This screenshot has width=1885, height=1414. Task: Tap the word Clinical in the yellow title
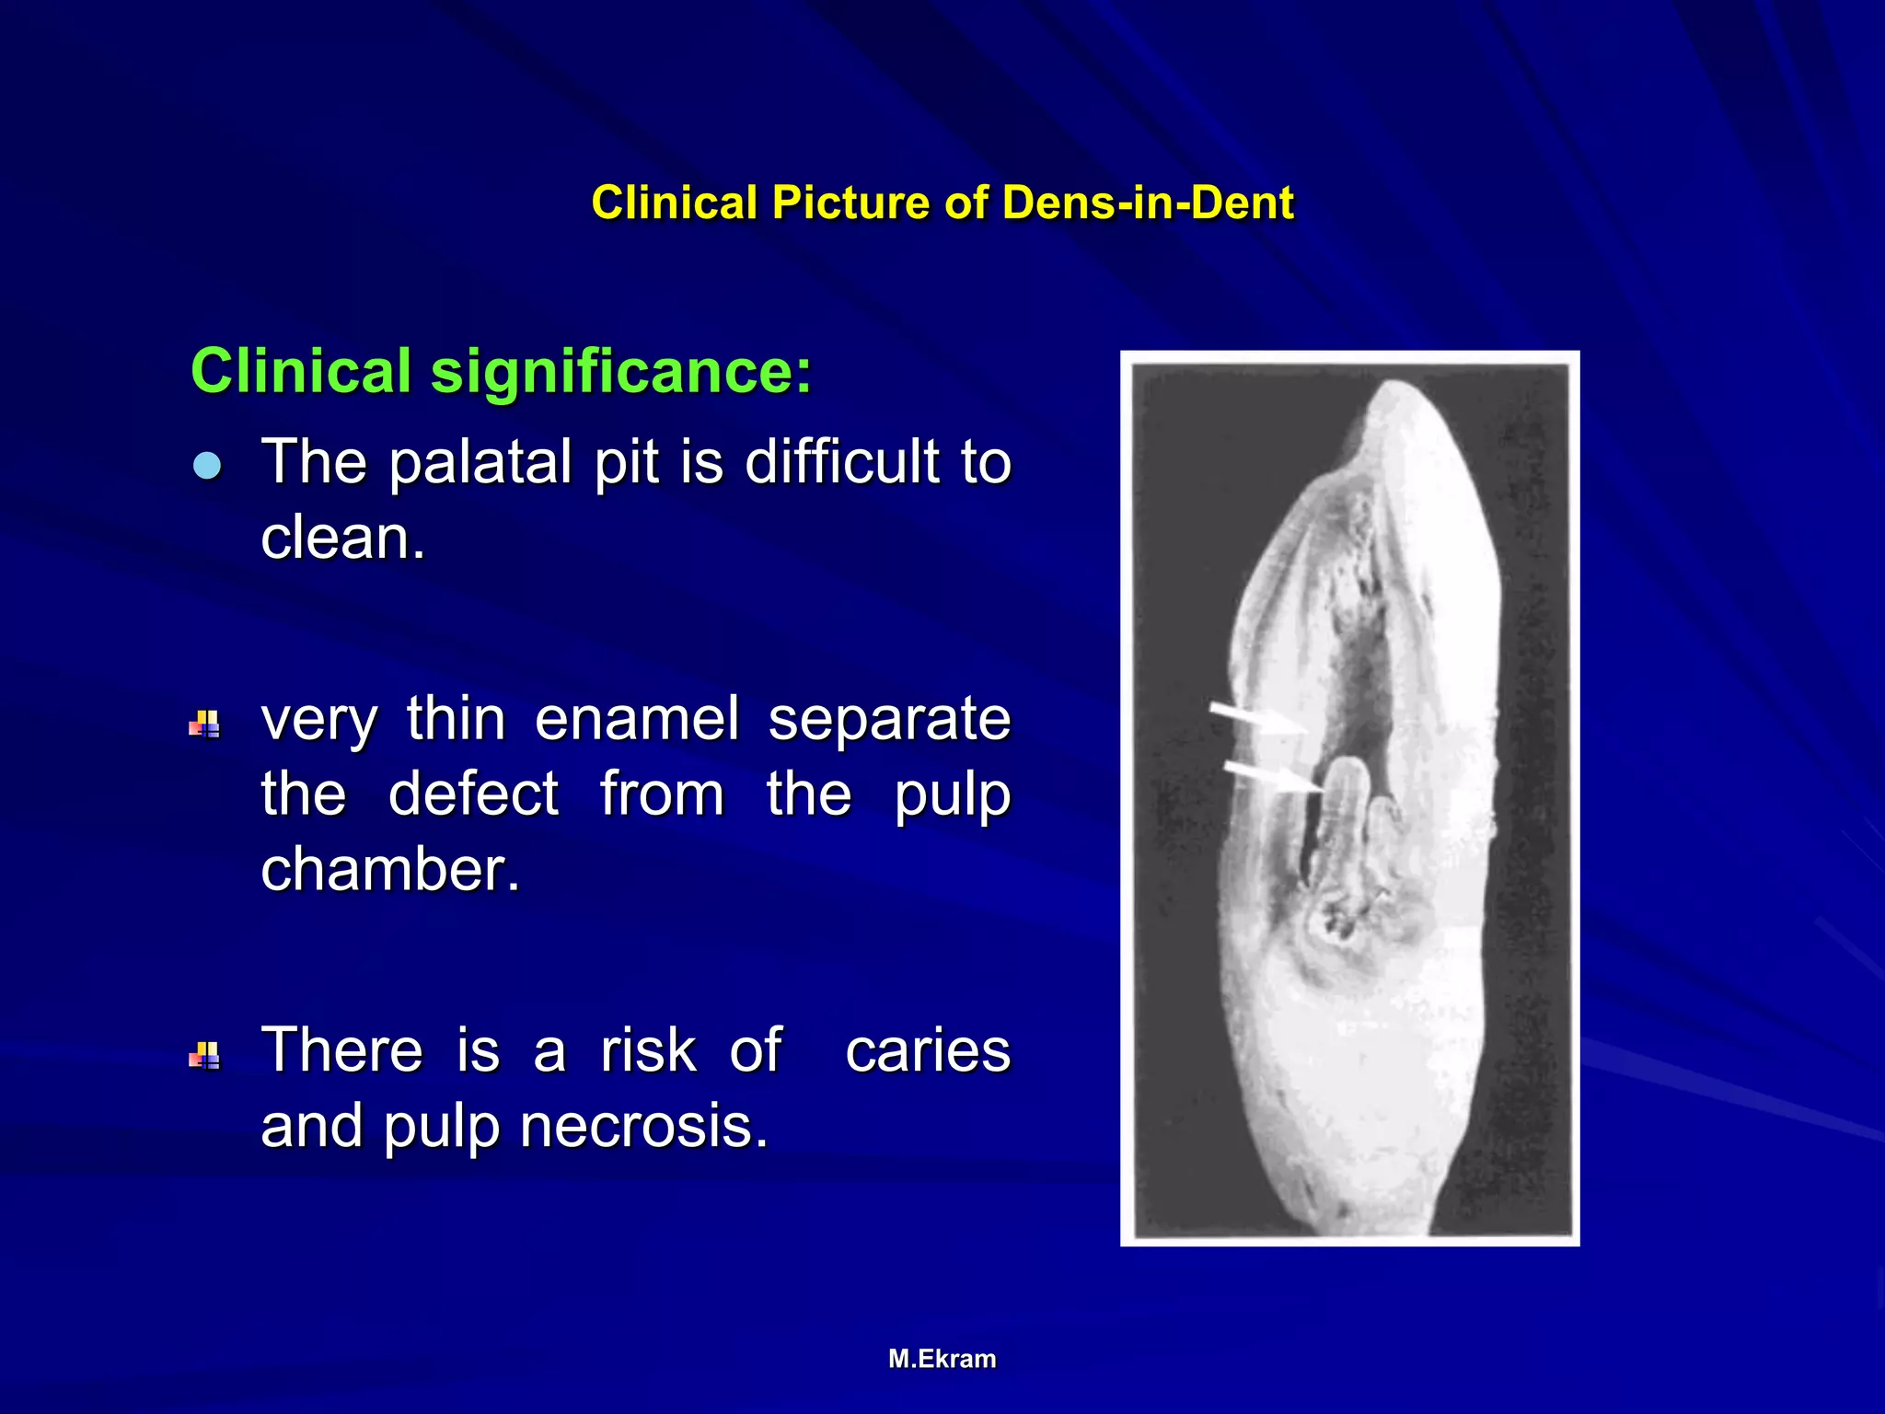click(674, 203)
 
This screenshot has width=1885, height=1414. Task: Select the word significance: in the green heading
click(621, 371)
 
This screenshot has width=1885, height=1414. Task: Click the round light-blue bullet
click(207, 466)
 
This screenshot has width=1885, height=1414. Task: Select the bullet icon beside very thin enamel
click(204, 724)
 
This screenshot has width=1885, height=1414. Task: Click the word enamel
click(637, 719)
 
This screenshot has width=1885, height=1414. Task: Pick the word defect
click(473, 794)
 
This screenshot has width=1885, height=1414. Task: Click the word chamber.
click(389, 869)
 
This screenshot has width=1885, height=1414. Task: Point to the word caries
click(928, 1050)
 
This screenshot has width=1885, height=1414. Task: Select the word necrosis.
click(643, 1126)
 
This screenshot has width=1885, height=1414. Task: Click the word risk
click(648, 1050)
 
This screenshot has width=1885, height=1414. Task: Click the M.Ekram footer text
click(942, 1359)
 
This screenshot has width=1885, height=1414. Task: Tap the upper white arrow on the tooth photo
click(1257, 717)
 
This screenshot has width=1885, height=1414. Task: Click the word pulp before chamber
click(952, 795)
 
